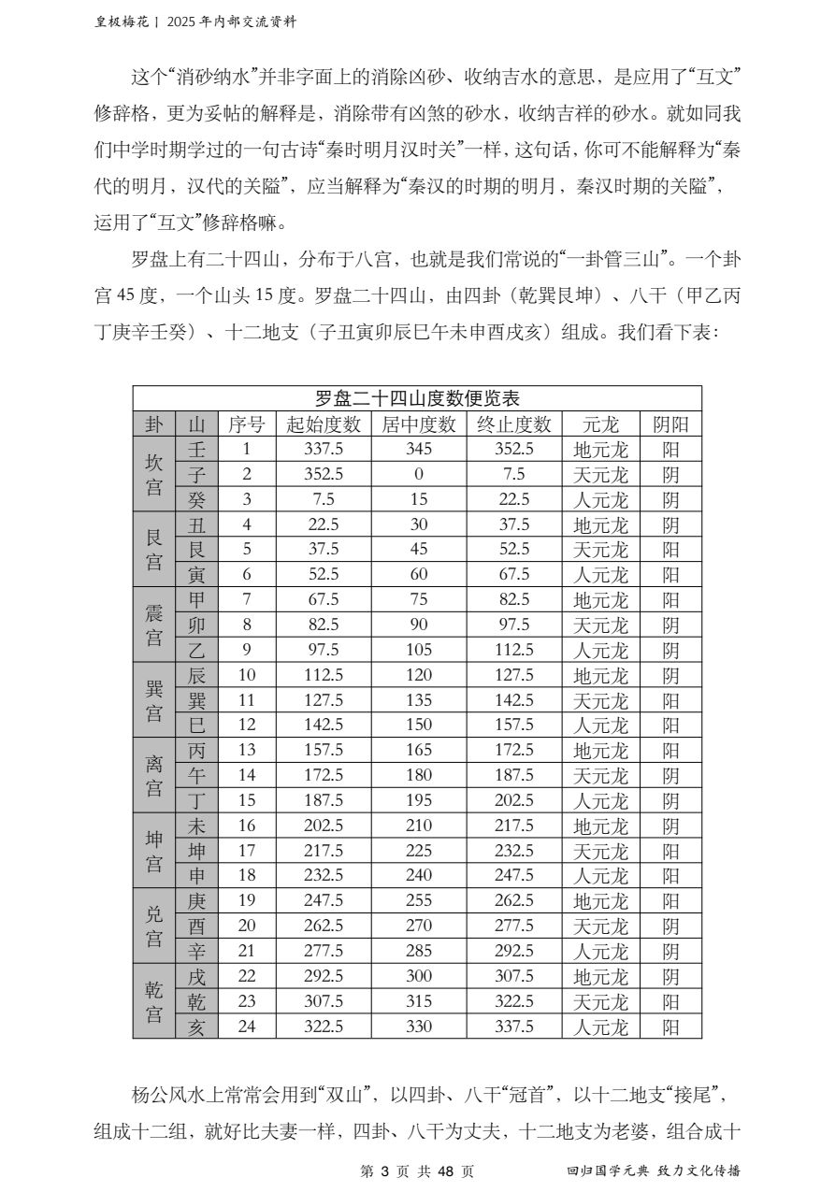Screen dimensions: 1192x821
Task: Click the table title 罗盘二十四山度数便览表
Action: (417, 398)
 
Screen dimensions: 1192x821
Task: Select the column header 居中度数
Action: (419, 424)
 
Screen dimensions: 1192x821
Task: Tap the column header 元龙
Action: (600, 424)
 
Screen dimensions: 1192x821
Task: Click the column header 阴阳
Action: (670, 424)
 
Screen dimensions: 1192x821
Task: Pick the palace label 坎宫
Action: (153, 475)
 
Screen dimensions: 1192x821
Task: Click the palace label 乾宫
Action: (153, 1001)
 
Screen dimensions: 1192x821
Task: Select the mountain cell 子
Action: (196, 475)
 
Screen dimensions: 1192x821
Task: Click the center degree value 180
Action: (419, 775)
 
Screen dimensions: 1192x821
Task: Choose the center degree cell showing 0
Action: (419, 475)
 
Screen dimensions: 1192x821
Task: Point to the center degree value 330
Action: (419, 1027)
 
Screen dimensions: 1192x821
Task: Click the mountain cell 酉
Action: (196, 926)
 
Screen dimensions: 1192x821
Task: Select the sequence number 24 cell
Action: (247, 1027)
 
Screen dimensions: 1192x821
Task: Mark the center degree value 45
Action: (419, 550)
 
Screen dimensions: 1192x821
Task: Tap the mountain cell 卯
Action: (196, 625)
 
